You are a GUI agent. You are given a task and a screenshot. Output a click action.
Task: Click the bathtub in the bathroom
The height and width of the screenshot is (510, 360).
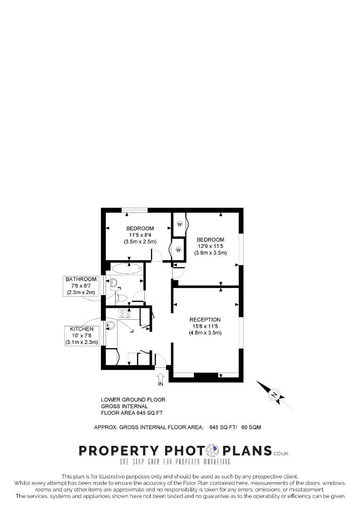point(126,269)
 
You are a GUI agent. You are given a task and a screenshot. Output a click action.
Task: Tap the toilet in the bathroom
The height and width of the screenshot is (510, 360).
point(121,298)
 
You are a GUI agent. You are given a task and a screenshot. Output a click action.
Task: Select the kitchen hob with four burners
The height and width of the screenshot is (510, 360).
point(125,313)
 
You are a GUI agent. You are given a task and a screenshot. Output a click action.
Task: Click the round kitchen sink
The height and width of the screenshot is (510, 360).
point(111,325)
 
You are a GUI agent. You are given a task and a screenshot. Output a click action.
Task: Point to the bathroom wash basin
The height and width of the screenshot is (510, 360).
point(113,283)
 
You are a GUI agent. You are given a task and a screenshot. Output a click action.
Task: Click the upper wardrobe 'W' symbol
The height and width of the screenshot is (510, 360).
point(180,224)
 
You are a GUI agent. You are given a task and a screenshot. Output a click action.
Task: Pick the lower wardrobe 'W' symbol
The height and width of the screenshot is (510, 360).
point(178,249)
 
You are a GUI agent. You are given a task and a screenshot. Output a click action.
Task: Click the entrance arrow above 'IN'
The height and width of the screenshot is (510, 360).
point(160,376)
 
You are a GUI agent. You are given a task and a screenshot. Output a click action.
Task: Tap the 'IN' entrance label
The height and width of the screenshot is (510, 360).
point(160,384)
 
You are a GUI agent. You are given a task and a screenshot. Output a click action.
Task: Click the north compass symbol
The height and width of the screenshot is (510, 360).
point(275,394)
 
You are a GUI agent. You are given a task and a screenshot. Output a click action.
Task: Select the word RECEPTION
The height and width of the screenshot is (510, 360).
point(205,320)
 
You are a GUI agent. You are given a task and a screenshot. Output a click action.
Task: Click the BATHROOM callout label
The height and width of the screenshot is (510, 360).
point(81,279)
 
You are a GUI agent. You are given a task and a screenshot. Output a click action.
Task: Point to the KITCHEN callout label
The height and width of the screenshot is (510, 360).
point(82,329)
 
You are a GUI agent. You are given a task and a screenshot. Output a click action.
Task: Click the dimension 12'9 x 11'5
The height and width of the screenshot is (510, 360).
point(210,246)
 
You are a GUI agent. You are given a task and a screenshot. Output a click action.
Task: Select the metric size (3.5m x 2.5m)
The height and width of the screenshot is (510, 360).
point(140,242)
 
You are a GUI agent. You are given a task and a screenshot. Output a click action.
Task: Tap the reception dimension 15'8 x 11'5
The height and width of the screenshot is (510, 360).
point(205,326)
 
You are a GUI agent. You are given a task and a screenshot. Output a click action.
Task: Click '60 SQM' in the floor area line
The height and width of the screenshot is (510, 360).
point(251,427)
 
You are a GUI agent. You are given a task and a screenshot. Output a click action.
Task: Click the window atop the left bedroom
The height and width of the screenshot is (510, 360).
point(134,210)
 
